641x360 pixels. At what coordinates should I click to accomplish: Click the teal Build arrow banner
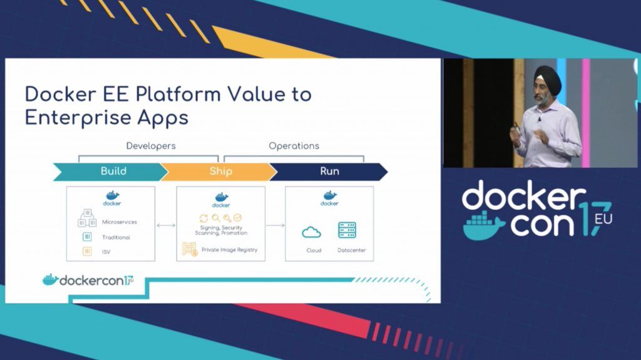pos(110,172)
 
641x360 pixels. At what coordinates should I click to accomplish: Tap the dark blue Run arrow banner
pos(329,172)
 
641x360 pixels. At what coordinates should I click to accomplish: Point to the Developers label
pos(151,146)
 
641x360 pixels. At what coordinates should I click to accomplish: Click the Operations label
pos(294,146)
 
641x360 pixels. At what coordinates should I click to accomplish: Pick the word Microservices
pos(120,222)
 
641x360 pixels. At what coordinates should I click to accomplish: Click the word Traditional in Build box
pos(116,237)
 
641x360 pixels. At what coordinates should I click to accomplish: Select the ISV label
pos(106,252)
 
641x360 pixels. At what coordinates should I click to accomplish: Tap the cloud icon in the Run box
pos(312,232)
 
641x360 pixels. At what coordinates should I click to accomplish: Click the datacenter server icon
pos(347,230)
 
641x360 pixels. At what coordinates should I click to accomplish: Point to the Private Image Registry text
pos(229,250)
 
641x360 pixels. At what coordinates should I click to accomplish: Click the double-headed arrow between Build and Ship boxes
pos(166,225)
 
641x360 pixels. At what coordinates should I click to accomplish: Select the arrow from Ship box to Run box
pos(275,225)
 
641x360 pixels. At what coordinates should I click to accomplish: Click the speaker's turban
pos(547,78)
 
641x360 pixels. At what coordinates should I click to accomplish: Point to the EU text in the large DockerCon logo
pos(603,219)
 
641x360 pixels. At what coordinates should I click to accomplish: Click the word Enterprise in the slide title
pos(78,118)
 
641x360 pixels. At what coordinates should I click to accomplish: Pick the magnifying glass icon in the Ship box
pos(215,218)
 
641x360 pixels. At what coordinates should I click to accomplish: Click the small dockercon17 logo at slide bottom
pos(88,280)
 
